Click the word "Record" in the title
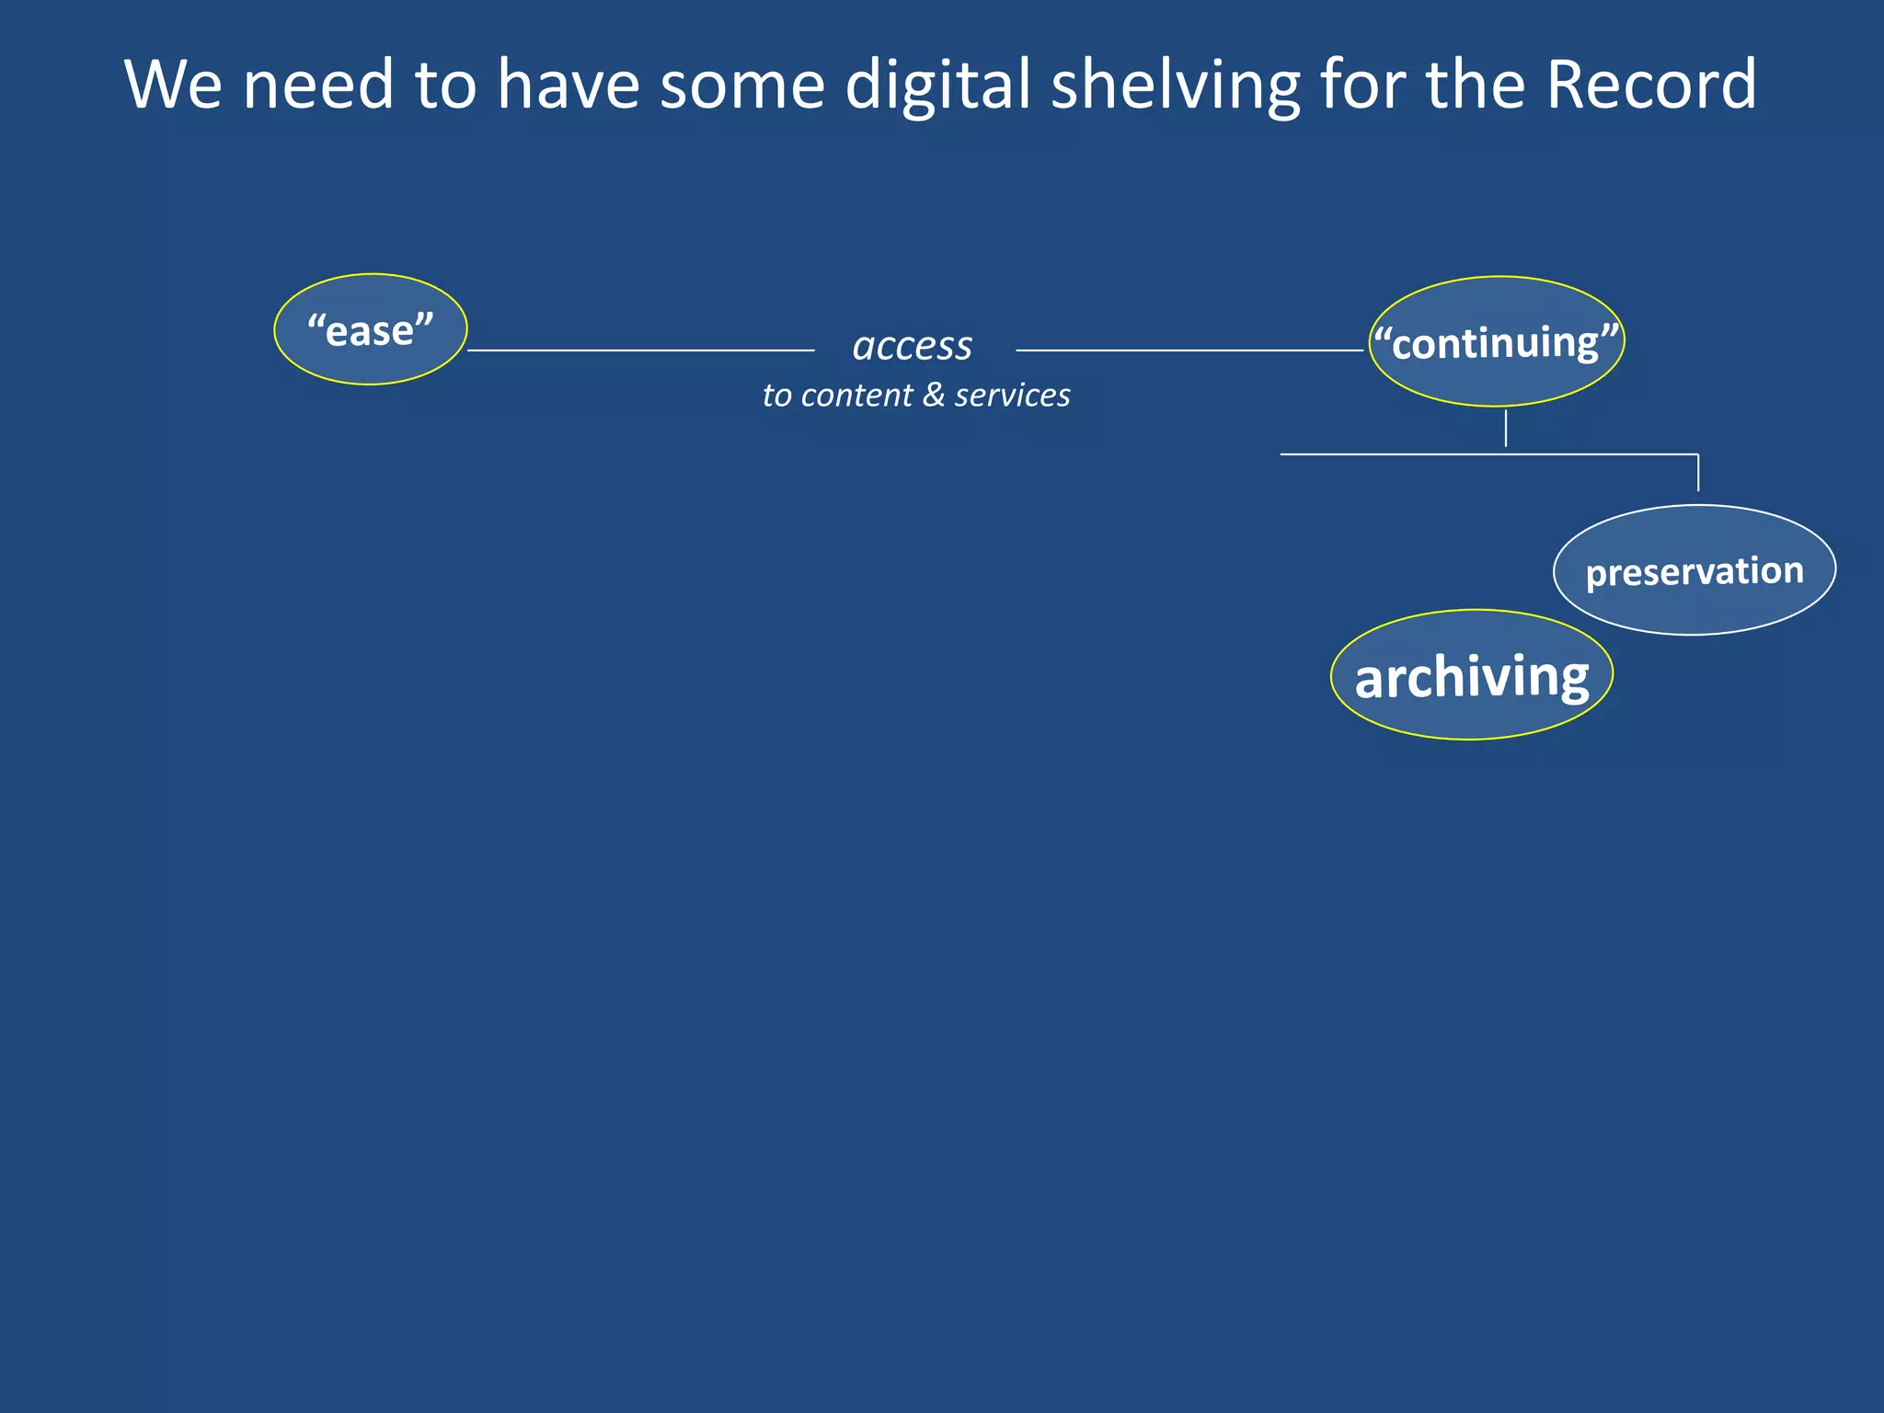click(x=1650, y=85)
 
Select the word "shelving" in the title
click(x=1175, y=85)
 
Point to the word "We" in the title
click(x=173, y=85)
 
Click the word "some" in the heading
click(x=742, y=85)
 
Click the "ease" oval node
click(x=371, y=329)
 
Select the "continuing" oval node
click(x=1496, y=341)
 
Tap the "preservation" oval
click(x=1694, y=570)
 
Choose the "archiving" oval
click(x=1471, y=675)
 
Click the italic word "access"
click(x=912, y=347)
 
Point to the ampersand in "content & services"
click(x=934, y=395)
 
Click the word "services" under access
click(x=1012, y=395)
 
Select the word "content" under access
click(x=856, y=395)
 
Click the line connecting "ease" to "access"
click(x=640, y=350)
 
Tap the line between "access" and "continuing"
click(x=1189, y=350)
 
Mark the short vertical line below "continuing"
click(x=1506, y=429)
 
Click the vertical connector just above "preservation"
click(x=1698, y=473)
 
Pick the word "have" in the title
click(x=568, y=85)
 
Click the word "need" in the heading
click(x=318, y=85)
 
